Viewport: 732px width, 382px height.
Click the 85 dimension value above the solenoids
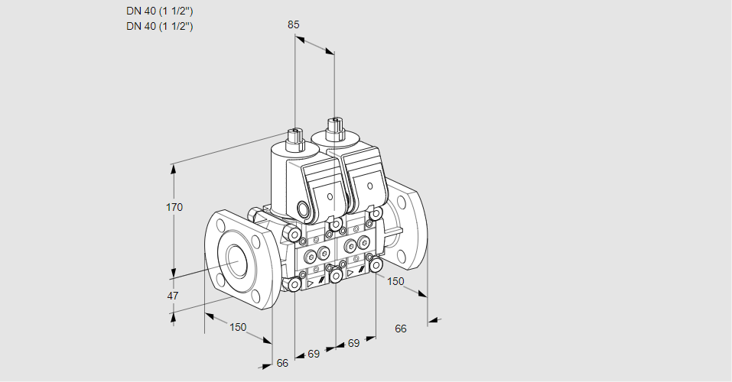coord(293,24)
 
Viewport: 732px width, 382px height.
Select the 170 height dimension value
coord(174,207)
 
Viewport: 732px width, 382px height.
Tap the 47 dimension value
coord(173,296)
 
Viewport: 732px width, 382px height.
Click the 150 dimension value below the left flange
coord(238,327)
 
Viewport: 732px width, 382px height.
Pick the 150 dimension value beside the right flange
coord(395,281)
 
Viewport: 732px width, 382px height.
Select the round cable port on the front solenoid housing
coord(304,208)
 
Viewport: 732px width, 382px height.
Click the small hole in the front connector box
coord(330,196)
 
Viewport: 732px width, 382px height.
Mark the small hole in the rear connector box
coord(369,186)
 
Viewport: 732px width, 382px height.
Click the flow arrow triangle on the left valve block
coord(310,283)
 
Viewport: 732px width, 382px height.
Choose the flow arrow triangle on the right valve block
coord(350,274)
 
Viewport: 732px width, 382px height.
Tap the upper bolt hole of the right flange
coord(401,202)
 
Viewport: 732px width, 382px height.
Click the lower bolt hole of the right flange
coord(401,255)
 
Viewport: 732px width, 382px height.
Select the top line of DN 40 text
coord(160,11)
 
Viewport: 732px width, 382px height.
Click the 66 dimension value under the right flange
coord(401,329)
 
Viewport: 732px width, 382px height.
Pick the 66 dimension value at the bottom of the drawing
coord(282,363)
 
